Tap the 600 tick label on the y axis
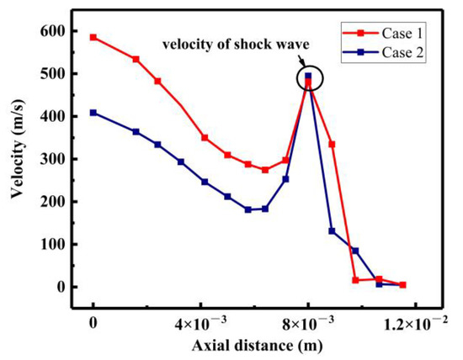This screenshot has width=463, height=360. click(52, 30)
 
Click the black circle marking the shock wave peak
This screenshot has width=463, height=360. click(308, 78)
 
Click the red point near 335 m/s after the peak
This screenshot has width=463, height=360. click(332, 144)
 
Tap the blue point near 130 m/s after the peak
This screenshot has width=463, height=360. click(332, 231)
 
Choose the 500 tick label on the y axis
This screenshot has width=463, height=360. click(52, 73)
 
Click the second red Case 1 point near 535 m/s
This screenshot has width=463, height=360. click(136, 59)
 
